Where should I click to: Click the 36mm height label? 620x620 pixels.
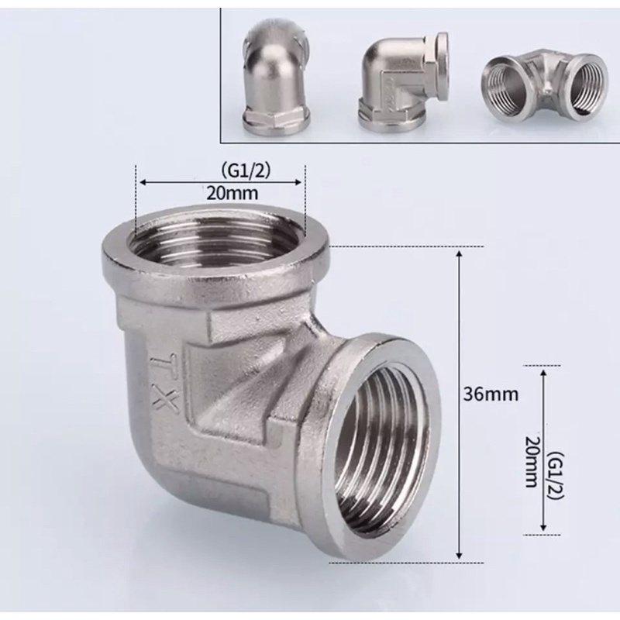490,394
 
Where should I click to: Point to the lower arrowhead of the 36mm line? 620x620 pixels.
461,556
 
